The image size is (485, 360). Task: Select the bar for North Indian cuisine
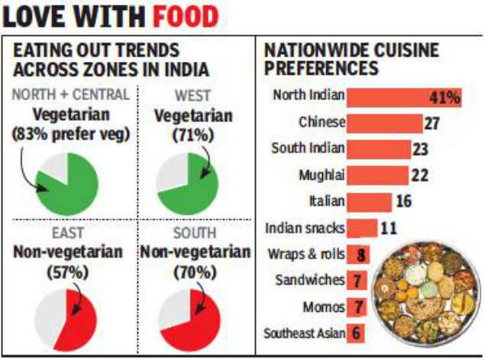[393, 97]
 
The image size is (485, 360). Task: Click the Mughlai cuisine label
[322, 175]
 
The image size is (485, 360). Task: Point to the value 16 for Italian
[404, 202]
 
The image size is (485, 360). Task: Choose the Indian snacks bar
[362, 228]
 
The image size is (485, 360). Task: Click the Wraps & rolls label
[306, 254]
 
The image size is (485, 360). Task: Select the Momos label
[325, 306]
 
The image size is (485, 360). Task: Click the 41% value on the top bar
[445, 97]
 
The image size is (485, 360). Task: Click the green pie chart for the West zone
[187, 183]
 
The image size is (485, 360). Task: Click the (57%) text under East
[66, 270]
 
